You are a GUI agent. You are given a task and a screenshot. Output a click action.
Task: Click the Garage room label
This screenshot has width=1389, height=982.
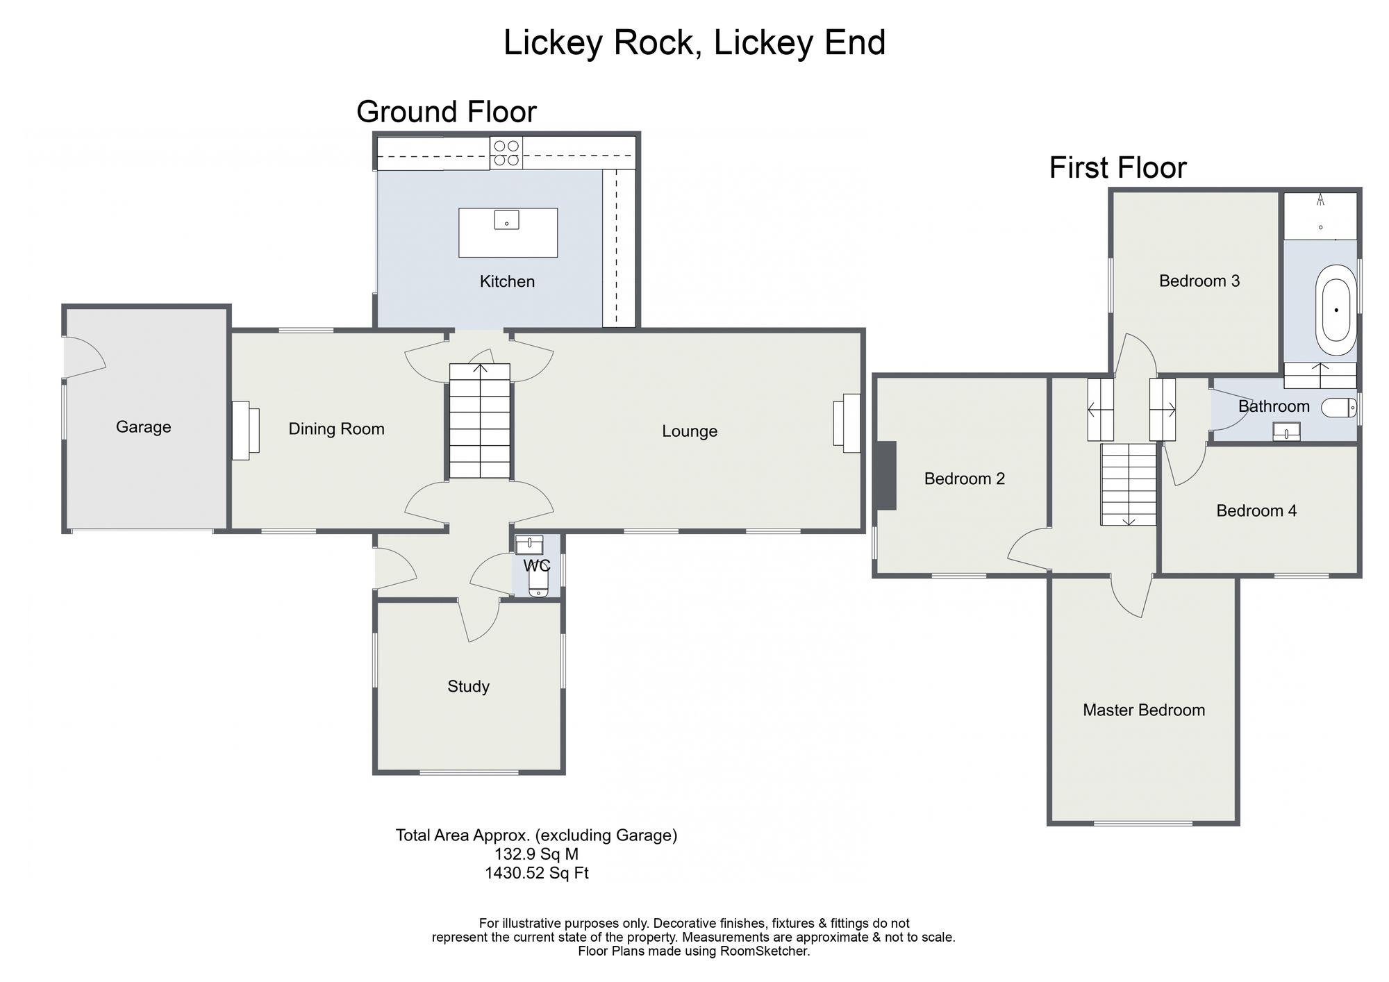tap(143, 426)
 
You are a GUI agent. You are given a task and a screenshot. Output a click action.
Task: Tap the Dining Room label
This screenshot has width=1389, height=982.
tap(336, 429)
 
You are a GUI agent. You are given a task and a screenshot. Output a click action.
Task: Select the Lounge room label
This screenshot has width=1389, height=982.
tap(690, 431)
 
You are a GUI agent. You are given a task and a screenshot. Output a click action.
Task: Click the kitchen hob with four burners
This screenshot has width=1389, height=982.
tap(506, 153)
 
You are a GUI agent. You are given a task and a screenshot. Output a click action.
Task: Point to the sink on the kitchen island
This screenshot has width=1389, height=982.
tap(507, 220)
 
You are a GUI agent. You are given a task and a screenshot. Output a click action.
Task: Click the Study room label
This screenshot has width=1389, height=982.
tap(469, 686)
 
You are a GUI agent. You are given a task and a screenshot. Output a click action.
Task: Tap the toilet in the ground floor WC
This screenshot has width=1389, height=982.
tap(539, 585)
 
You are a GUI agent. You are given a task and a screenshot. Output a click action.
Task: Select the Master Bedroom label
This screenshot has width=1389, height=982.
tap(1144, 710)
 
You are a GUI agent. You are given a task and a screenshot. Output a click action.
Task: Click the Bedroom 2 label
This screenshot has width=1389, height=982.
tap(965, 478)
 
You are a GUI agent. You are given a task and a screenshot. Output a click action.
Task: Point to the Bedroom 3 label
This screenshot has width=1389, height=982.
tap(1199, 281)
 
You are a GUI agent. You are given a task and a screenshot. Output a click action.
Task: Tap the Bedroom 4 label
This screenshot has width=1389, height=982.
tap(1256, 511)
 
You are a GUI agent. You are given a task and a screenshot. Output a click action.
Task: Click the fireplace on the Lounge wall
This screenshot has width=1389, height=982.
tap(847, 423)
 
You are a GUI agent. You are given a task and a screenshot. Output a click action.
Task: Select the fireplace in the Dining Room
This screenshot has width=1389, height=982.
tap(245, 430)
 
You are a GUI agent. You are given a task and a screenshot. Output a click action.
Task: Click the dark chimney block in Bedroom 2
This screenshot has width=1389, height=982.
tap(885, 476)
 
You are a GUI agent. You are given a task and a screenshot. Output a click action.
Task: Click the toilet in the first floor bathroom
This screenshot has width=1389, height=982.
tap(1338, 408)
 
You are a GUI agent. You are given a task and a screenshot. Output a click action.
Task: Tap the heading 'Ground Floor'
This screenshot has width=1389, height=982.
tap(447, 112)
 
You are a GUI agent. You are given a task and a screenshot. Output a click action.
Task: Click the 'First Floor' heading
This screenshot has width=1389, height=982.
tap(1118, 168)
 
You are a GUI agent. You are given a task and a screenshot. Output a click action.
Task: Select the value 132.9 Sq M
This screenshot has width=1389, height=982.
tap(536, 854)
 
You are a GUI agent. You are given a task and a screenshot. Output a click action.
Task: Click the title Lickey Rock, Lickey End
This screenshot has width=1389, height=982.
tap(694, 43)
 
